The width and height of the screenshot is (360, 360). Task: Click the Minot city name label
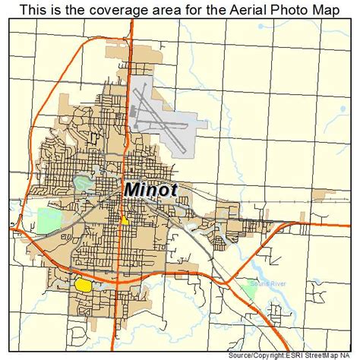click(x=149, y=188)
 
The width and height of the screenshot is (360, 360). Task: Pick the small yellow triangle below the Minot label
click(x=123, y=220)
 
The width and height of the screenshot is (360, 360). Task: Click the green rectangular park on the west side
click(x=49, y=221)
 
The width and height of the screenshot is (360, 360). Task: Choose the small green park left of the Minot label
click(x=81, y=183)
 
